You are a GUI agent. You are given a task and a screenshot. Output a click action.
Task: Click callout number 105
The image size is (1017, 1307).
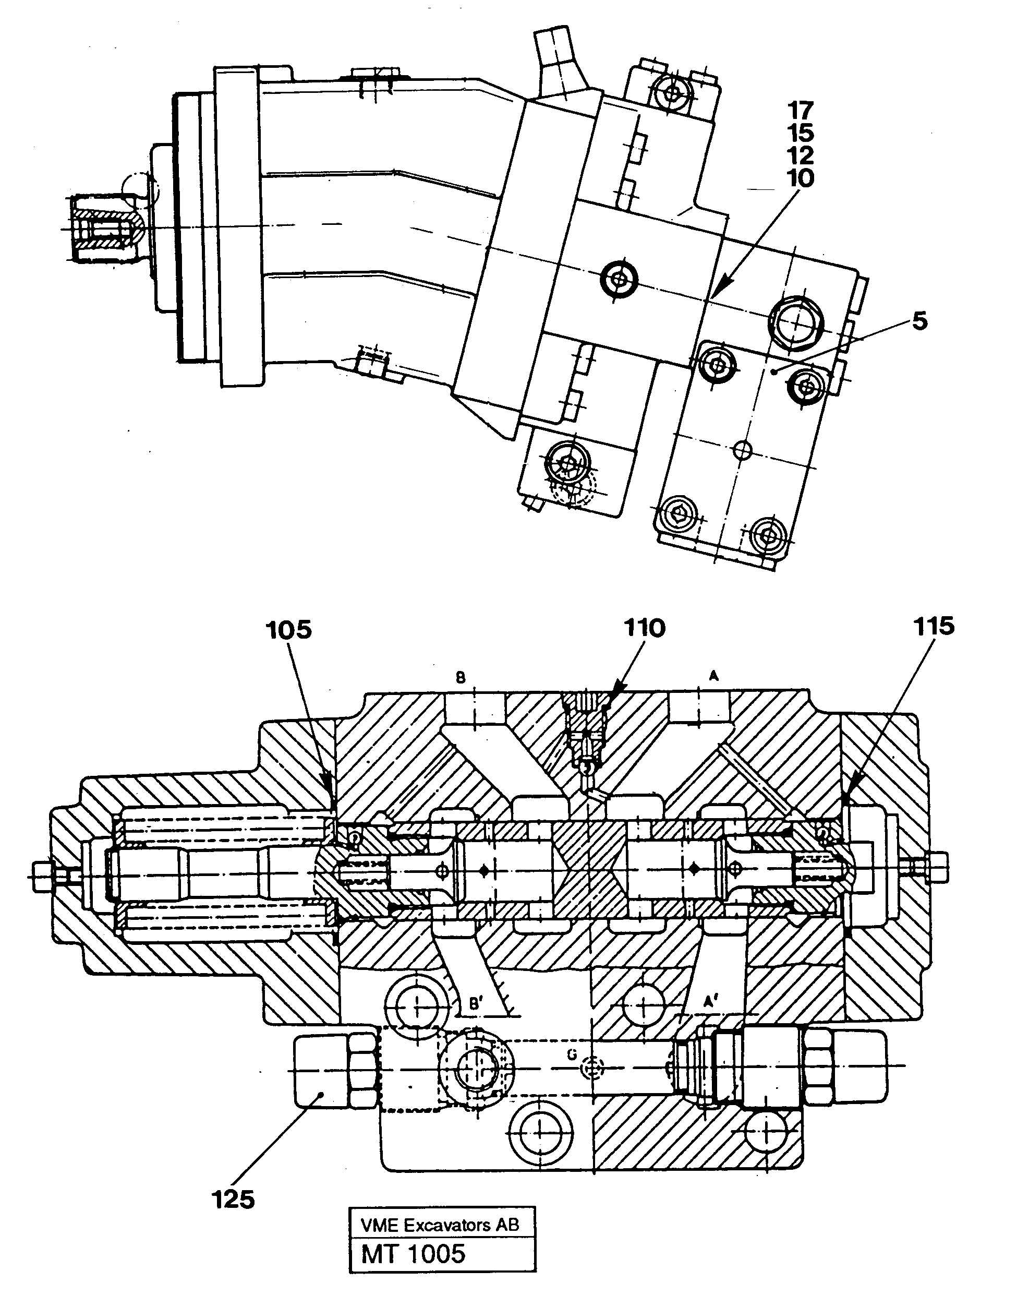click(289, 630)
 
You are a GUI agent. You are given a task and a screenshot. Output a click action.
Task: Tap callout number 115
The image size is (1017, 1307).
click(933, 626)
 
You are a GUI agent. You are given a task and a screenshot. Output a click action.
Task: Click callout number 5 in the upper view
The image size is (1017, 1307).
click(919, 321)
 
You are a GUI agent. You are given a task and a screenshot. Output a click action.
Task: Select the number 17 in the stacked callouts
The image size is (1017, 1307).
click(801, 110)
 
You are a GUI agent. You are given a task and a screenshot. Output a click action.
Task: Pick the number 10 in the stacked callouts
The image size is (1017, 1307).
click(801, 178)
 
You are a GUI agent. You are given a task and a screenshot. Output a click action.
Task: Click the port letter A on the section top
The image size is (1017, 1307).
click(713, 676)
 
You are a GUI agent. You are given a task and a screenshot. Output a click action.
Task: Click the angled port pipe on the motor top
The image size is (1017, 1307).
click(559, 66)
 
